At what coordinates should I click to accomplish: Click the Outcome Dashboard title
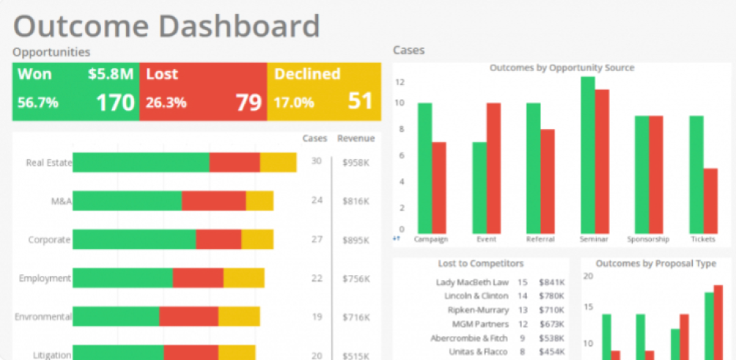click(x=166, y=26)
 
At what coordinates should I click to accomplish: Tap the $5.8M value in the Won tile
click(x=111, y=74)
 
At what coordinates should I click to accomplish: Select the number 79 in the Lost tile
click(x=249, y=102)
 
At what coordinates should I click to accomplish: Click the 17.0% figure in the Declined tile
click(x=293, y=103)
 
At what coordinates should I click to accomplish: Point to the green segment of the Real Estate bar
click(x=141, y=162)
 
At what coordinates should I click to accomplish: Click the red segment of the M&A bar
click(x=213, y=201)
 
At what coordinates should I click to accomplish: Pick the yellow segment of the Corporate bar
click(x=257, y=239)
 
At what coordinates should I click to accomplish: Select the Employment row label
click(x=45, y=279)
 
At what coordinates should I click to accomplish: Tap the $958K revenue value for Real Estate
click(x=356, y=162)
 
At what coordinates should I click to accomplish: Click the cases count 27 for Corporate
click(x=317, y=239)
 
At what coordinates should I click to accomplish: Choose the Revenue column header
click(x=356, y=139)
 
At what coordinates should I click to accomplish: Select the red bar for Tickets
click(x=710, y=199)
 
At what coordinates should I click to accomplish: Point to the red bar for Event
click(x=493, y=166)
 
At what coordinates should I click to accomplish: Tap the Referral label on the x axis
click(x=540, y=239)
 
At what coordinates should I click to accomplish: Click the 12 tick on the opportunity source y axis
click(x=400, y=82)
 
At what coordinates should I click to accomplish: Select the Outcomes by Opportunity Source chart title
click(x=562, y=68)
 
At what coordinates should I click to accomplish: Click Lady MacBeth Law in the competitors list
click(x=472, y=282)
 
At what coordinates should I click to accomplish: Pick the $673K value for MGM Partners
click(x=551, y=324)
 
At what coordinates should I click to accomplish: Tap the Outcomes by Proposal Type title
click(x=655, y=264)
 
